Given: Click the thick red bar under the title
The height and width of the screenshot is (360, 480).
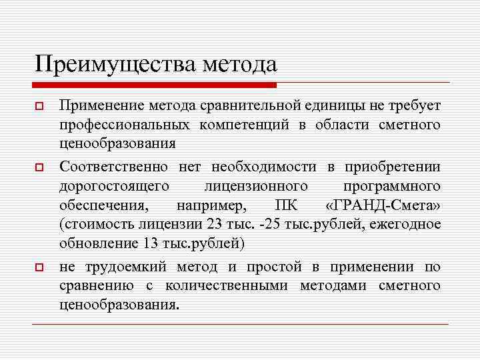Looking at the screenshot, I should (154, 85).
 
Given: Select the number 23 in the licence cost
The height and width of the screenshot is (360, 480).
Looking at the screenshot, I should (213, 223).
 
